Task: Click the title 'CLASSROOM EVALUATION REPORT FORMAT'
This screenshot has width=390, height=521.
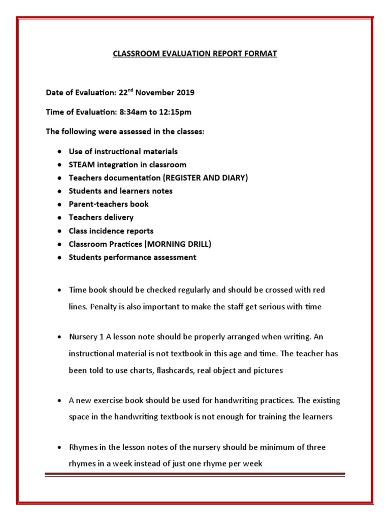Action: (195, 53)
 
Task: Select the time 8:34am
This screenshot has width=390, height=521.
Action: (131, 112)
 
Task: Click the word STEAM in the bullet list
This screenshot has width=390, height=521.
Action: (81, 164)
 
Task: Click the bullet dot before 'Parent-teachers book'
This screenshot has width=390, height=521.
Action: (60, 205)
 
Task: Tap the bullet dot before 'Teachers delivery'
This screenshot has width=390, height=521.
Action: (60, 218)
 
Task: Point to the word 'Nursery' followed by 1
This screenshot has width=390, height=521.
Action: (83, 337)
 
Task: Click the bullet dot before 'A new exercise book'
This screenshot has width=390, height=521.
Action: (60, 401)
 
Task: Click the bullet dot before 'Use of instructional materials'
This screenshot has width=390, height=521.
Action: (60, 152)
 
